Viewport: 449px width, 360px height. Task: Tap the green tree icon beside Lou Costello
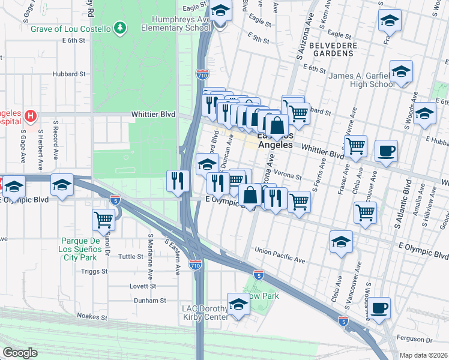click(121, 28)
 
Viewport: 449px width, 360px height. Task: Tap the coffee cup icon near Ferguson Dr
click(379, 308)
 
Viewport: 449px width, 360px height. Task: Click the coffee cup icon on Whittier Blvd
click(386, 150)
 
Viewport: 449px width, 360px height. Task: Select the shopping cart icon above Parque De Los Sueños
click(104, 220)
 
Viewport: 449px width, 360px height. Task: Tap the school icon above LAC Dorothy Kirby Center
click(238, 304)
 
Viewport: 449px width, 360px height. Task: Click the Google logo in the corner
click(20, 353)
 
